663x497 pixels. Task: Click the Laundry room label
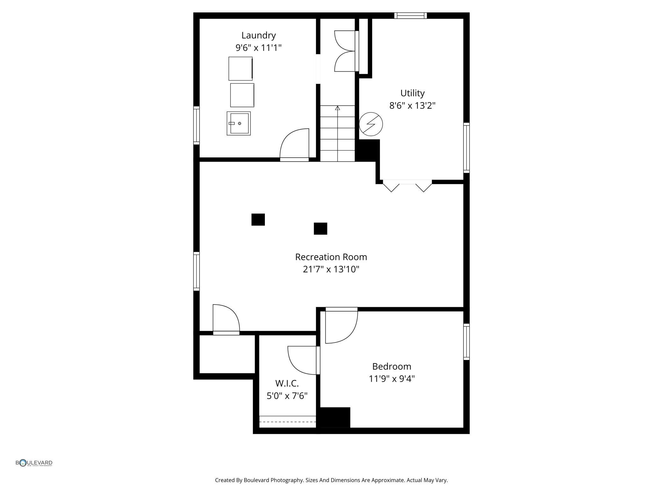(x=259, y=35)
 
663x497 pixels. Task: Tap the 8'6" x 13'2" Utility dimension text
(x=412, y=105)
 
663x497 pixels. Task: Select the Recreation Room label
(x=331, y=257)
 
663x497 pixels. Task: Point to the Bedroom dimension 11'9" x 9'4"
(x=392, y=378)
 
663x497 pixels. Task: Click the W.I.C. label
(x=287, y=383)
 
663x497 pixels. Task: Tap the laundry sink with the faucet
(x=238, y=123)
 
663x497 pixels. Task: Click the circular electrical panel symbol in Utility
(x=371, y=124)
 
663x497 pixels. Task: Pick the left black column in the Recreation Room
(x=258, y=220)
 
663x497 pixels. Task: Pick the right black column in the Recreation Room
(x=320, y=228)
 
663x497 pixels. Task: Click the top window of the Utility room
(x=411, y=16)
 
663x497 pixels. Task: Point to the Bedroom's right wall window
(x=466, y=342)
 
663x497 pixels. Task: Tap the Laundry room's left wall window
(x=197, y=125)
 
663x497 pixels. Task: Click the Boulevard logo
(x=34, y=463)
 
